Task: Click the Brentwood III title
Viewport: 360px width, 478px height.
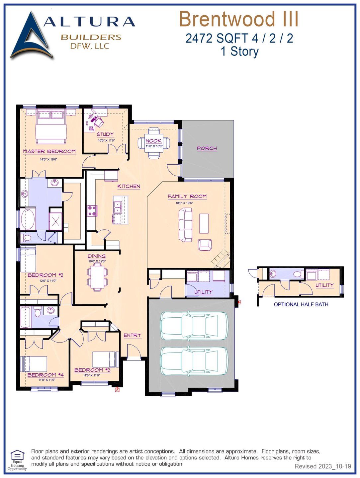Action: (x=238, y=19)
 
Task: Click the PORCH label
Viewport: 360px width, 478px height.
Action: (x=207, y=148)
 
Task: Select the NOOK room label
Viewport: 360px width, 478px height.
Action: (x=153, y=141)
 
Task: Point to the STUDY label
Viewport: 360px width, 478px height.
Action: (x=105, y=134)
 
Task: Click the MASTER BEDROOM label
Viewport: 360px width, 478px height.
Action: (x=49, y=151)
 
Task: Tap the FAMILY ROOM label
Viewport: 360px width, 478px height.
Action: (x=187, y=197)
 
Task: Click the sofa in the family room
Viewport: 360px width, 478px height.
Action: (x=185, y=225)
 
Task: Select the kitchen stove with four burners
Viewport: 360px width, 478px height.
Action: (x=92, y=211)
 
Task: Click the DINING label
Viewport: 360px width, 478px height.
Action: (x=97, y=256)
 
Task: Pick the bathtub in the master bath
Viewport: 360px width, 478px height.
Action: (x=28, y=219)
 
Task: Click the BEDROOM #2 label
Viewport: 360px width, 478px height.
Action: (x=45, y=275)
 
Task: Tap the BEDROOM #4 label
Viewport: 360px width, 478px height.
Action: (x=45, y=375)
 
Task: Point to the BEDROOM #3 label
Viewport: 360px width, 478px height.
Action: (x=92, y=370)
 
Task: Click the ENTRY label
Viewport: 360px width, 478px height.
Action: (x=133, y=335)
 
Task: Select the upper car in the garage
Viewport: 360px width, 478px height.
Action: (x=194, y=326)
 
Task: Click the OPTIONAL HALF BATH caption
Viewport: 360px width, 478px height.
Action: (x=301, y=304)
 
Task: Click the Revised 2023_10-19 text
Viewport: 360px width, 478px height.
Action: (x=322, y=466)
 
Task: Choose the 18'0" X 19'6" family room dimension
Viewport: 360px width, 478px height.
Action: (x=184, y=203)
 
